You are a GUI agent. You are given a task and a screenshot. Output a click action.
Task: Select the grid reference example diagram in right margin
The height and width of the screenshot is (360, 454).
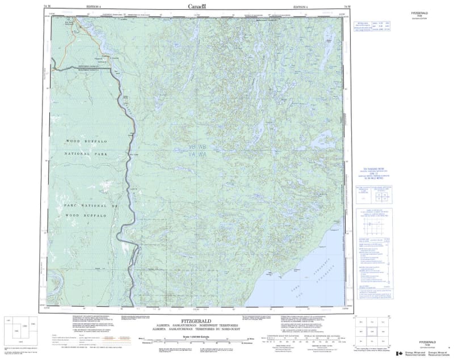click(371, 223)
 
